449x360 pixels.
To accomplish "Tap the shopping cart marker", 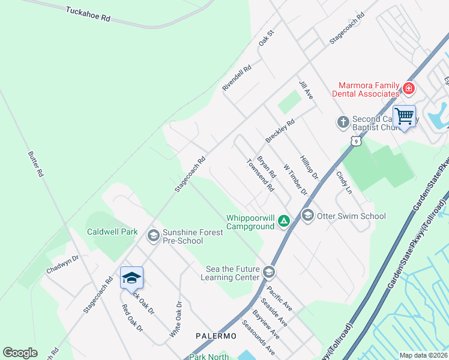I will point(404,116).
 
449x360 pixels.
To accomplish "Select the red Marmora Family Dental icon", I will point(409,89).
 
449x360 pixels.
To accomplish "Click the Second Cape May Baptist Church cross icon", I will point(343,122).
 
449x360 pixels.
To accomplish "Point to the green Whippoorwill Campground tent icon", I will point(283,222).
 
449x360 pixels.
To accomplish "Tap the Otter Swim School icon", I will point(308,215).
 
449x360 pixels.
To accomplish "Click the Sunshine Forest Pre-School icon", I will point(153,236).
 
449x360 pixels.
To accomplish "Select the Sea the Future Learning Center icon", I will point(268,272).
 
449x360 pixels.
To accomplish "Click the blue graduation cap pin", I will point(131,278).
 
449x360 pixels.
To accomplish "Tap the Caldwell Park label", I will point(112,232).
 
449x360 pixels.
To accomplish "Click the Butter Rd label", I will point(37,164).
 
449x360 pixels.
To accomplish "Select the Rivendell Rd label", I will point(237,79).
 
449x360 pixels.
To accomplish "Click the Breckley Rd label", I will point(280,130).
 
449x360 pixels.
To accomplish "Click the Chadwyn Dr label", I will point(62,265).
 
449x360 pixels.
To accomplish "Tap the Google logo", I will point(20,353).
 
